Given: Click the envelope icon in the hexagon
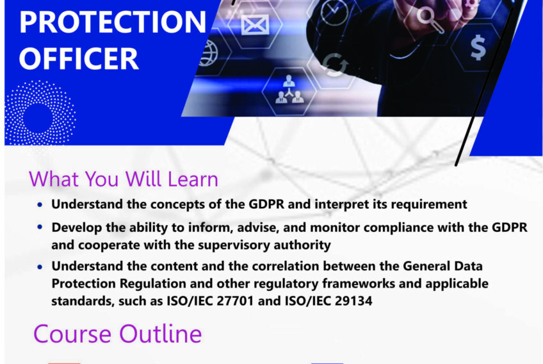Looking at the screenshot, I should [255, 25].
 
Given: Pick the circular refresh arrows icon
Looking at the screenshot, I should [332, 65].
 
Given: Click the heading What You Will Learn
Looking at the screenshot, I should [124, 179].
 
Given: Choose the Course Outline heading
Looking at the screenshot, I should [117, 334].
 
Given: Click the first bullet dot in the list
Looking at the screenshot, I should [41, 206].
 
